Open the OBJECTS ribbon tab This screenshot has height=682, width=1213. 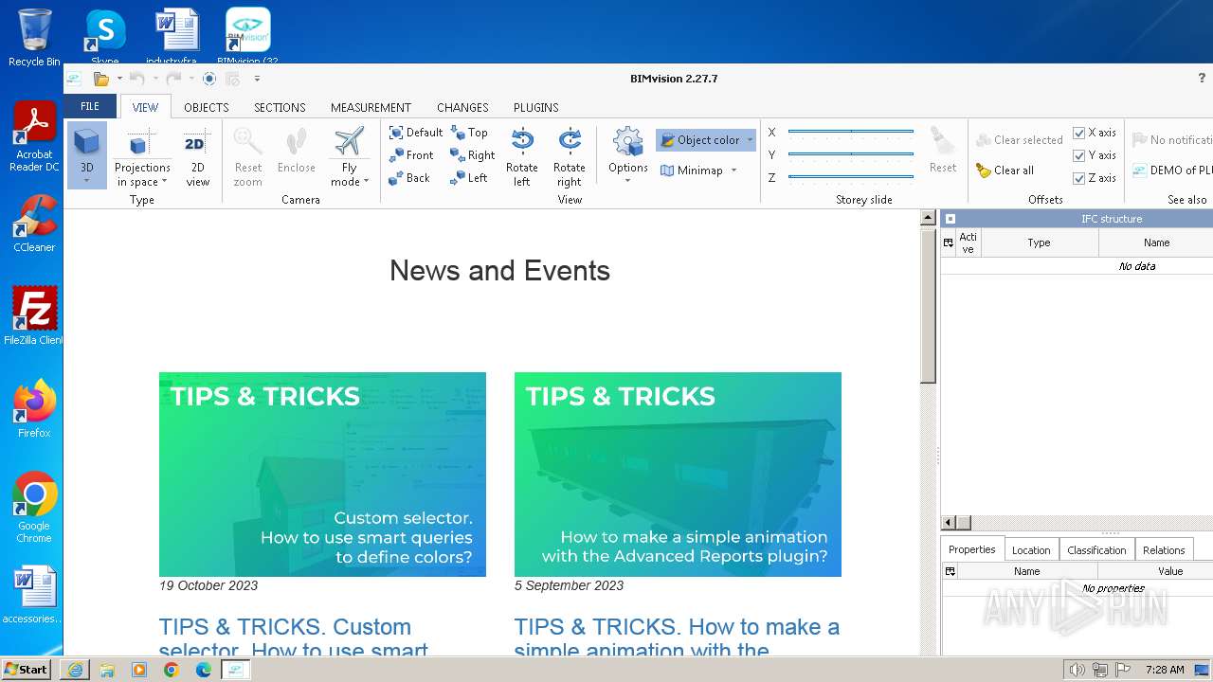(206, 107)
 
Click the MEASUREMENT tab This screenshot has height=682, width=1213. (371, 107)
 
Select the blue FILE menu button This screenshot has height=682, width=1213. (90, 106)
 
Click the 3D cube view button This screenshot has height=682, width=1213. (86, 154)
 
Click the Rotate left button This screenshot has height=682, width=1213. (521, 156)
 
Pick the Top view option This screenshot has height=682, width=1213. (470, 133)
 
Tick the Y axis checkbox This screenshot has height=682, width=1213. (1078, 155)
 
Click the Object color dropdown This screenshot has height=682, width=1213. (706, 140)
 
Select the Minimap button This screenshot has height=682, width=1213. (693, 170)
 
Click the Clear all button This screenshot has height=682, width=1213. (1005, 170)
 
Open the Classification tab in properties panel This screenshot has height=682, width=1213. (1096, 550)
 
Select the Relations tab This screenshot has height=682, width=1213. (1164, 550)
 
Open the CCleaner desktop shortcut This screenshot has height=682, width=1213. (34, 224)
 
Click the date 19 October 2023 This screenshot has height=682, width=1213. (208, 585)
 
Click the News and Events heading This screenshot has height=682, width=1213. (499, 271)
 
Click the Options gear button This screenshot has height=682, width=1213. (627, 152)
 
